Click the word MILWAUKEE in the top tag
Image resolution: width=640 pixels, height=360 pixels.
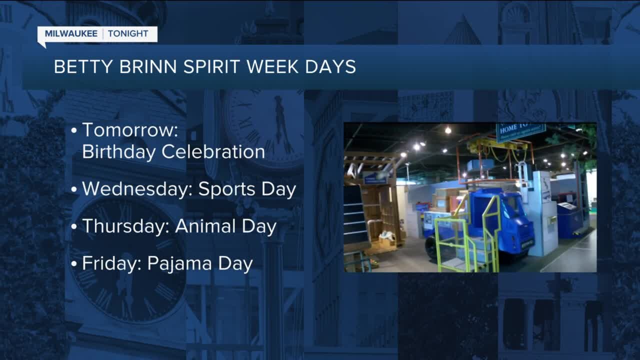pos(72,34)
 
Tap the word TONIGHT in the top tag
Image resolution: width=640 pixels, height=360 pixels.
pos(128,34)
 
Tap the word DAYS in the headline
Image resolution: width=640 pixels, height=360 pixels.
pos(334,67)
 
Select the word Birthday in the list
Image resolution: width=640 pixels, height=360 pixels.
pos(117,151)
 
